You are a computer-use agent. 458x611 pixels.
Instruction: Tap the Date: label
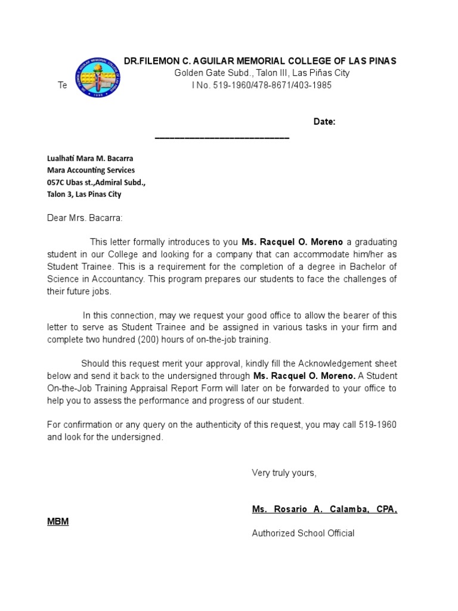point(324,122)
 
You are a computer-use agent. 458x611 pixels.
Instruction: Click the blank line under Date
point(222,138)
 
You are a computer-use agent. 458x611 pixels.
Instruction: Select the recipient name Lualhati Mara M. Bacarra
point(90,159)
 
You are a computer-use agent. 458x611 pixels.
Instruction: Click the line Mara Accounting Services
point(91,171)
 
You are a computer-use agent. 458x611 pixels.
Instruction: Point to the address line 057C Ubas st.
point(96,183)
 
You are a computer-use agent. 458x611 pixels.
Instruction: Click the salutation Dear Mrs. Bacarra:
point(84,218)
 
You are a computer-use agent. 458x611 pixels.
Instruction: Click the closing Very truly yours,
point(284,473)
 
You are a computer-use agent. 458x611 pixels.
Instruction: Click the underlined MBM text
point(58,521)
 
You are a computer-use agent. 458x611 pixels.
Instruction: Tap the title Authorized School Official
point(303,533)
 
